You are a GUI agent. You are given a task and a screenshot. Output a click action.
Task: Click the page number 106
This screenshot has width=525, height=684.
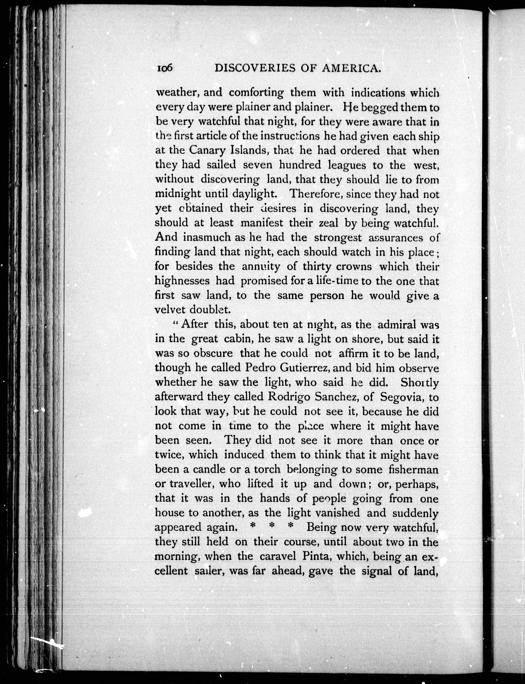coord(165,69)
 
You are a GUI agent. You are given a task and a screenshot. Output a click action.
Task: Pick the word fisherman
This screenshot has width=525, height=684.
coord(413,469)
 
